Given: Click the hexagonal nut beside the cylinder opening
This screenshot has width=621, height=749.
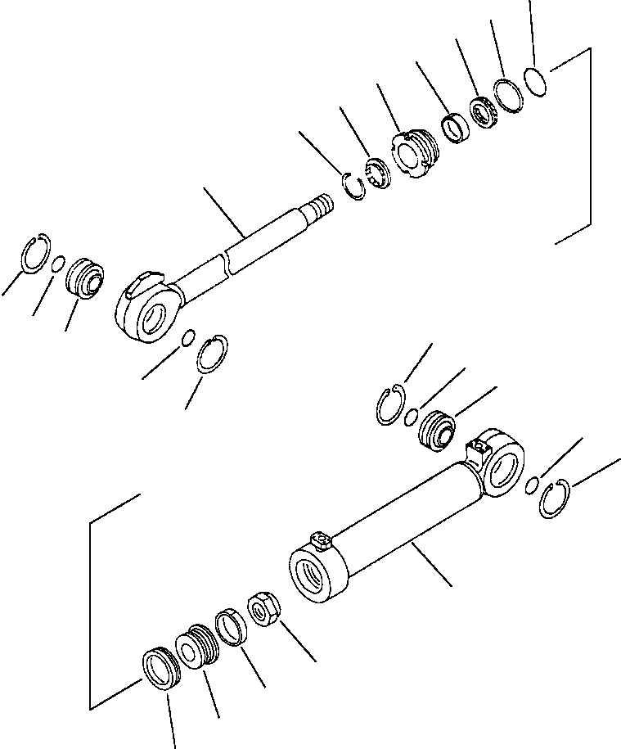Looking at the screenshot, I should point(265,609).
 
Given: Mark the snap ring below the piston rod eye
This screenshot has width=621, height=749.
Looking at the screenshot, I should point(213,354).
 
